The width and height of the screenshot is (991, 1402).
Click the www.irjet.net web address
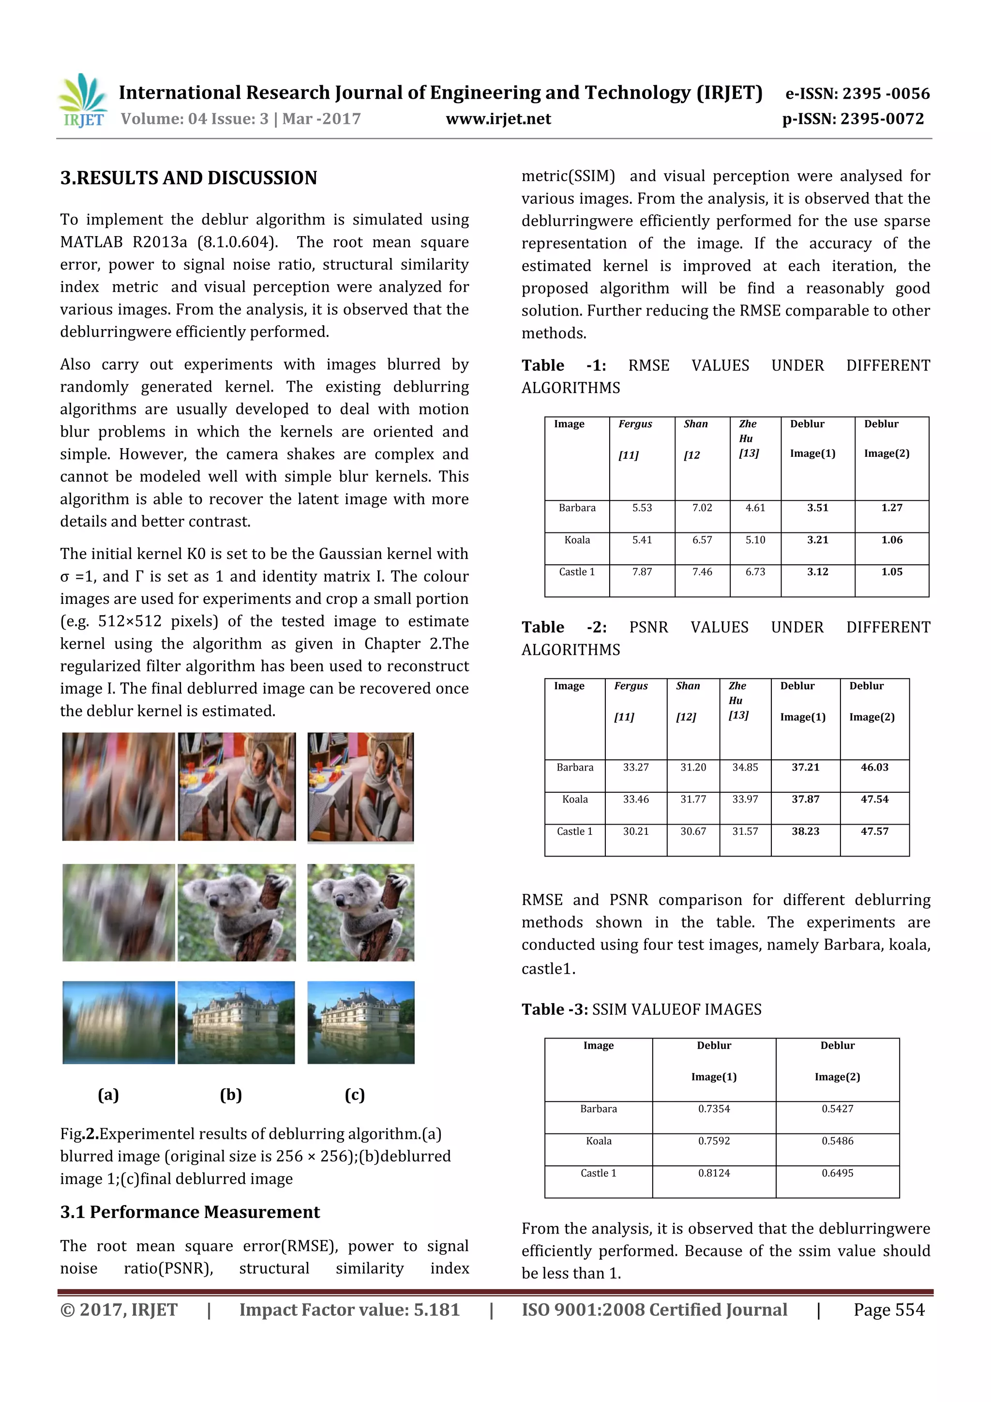pos(498,119)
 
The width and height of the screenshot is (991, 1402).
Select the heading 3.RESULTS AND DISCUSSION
pos(189,178)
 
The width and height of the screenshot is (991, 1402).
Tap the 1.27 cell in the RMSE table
pos(891,508)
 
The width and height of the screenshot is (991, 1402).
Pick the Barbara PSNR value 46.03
pos(874,767)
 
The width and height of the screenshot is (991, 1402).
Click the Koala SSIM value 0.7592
pos(714,1141)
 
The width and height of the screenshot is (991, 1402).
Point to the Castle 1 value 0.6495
pos(837,1173)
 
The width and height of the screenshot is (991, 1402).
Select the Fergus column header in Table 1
pos(635,424)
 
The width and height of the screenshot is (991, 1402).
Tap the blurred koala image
pos(119,912)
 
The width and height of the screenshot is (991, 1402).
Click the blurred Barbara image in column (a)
pos(119,786)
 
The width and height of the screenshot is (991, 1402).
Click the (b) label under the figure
pos(231,1094)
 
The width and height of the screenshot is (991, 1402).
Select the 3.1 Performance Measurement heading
pos(190,1212)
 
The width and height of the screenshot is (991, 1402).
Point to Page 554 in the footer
pos(888,1309)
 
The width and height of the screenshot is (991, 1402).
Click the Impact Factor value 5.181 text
pos(349,1309)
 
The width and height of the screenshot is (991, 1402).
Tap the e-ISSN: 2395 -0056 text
pos(857,93)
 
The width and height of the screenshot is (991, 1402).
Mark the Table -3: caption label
pos(555,1010)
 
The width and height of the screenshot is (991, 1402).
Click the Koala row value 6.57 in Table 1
pos(702,540)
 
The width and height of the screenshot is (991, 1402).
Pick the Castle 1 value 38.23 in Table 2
pos(805,831)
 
